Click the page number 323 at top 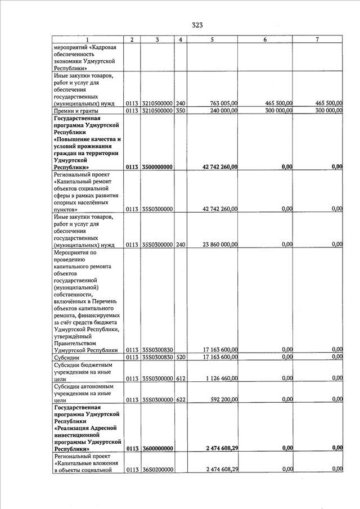197,25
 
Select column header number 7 317,39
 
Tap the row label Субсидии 66,357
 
